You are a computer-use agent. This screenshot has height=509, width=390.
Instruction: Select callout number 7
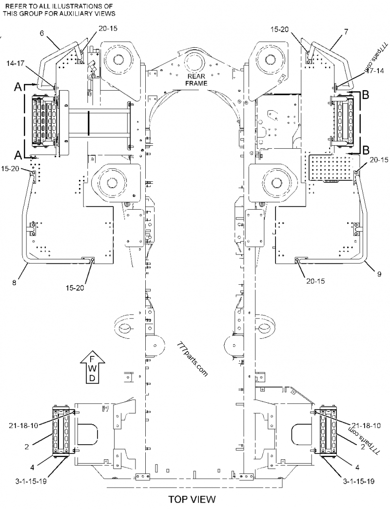(346, 32)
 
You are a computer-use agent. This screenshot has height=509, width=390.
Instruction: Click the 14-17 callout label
(17, 63)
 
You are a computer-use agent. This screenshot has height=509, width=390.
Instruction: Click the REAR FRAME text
(196, 80)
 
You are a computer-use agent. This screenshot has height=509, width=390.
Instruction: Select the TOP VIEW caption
(192, 500)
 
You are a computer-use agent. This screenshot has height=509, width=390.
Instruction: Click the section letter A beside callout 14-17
(17, 87)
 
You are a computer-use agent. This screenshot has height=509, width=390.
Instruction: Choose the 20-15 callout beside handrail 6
(107, 29)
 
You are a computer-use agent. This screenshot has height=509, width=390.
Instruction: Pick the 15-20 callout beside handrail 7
(281, 30)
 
